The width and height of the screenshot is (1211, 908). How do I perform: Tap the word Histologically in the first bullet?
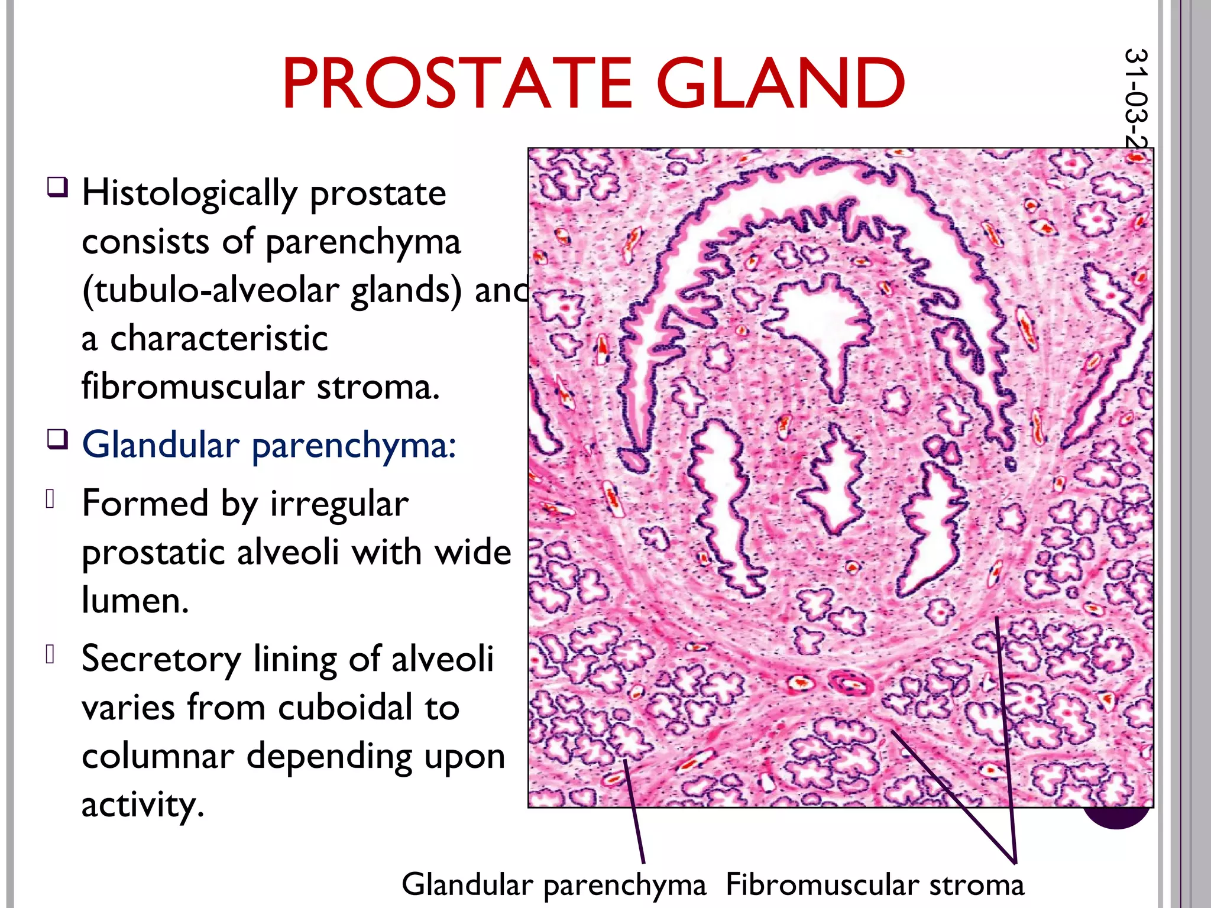click(189, 194)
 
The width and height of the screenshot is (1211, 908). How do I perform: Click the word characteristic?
click(219, 339)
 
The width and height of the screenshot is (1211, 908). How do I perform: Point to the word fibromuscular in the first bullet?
click(193, 387)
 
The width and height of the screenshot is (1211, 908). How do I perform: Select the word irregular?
click(339, 505)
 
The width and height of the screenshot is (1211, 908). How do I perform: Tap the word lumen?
click(135, 601)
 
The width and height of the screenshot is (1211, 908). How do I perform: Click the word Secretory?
click(161, 659)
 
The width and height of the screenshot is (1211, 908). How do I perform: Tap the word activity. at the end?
click(143, 805)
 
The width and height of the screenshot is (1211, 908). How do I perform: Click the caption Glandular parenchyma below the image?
click(554, 885)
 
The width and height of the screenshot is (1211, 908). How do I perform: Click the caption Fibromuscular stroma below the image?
click(875, 885)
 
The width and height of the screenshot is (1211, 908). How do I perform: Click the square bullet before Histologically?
click(57, 187)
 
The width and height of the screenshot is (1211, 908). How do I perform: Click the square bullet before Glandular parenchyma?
click(57, 440)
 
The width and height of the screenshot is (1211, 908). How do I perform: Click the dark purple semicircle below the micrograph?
click(1115, 818)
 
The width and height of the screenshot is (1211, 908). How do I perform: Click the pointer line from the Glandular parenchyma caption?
click(634, 816)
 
